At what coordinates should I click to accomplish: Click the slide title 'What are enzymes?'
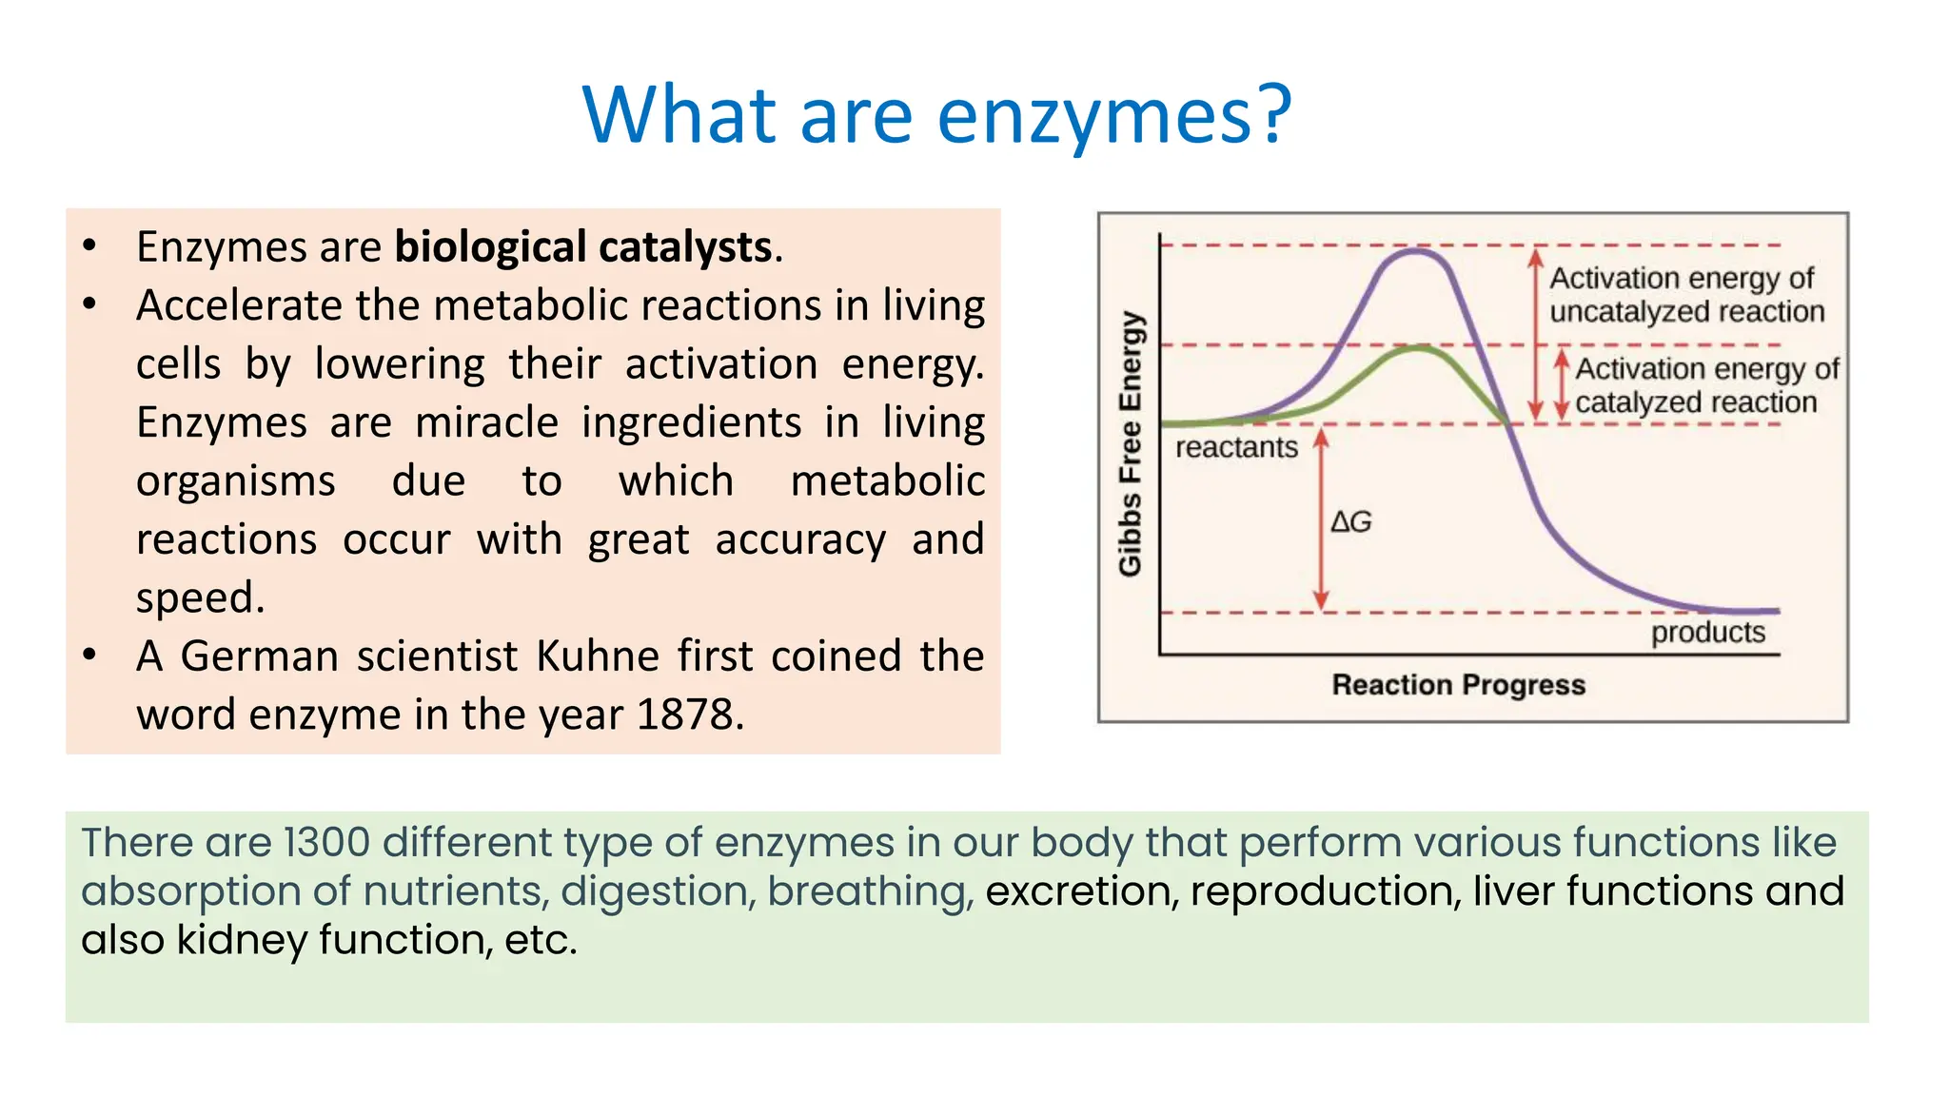click(x=936, y=115)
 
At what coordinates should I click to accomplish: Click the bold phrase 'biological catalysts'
click(x=582, y=247)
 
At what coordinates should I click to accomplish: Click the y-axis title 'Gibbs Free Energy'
click(x=1130, y=443)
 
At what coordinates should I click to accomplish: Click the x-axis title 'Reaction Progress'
click(x=1458, y=685)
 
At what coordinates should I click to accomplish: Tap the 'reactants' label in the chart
click(x=1236, y=447)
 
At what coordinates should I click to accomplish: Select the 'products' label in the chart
click(x=1707, y=633)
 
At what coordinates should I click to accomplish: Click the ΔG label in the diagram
click(x=1351, y=521)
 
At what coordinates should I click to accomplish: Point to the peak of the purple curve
click(x=1416, y=251)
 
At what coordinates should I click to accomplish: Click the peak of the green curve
click(x=1418, y=348)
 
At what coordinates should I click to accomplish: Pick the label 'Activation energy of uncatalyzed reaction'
click(x=1685, y=295)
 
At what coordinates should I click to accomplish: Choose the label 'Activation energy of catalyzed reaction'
click(x=1704, y=385)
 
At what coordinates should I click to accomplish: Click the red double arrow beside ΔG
click(x=1321, y=519)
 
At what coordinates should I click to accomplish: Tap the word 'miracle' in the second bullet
click(x=486, y=422)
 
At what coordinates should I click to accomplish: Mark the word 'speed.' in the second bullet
click(x=200, y=598)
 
